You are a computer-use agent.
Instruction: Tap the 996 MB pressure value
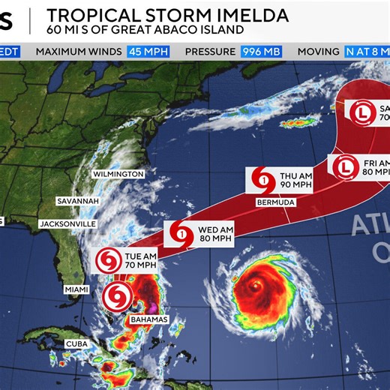260,52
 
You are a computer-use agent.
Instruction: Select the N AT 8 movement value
367,52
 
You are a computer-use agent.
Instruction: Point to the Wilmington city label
118,174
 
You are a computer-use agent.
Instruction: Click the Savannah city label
78,201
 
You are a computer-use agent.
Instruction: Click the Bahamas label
147,319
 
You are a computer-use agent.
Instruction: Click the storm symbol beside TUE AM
107,261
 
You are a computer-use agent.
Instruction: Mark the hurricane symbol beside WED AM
181,233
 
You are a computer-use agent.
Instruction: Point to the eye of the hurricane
256,286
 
